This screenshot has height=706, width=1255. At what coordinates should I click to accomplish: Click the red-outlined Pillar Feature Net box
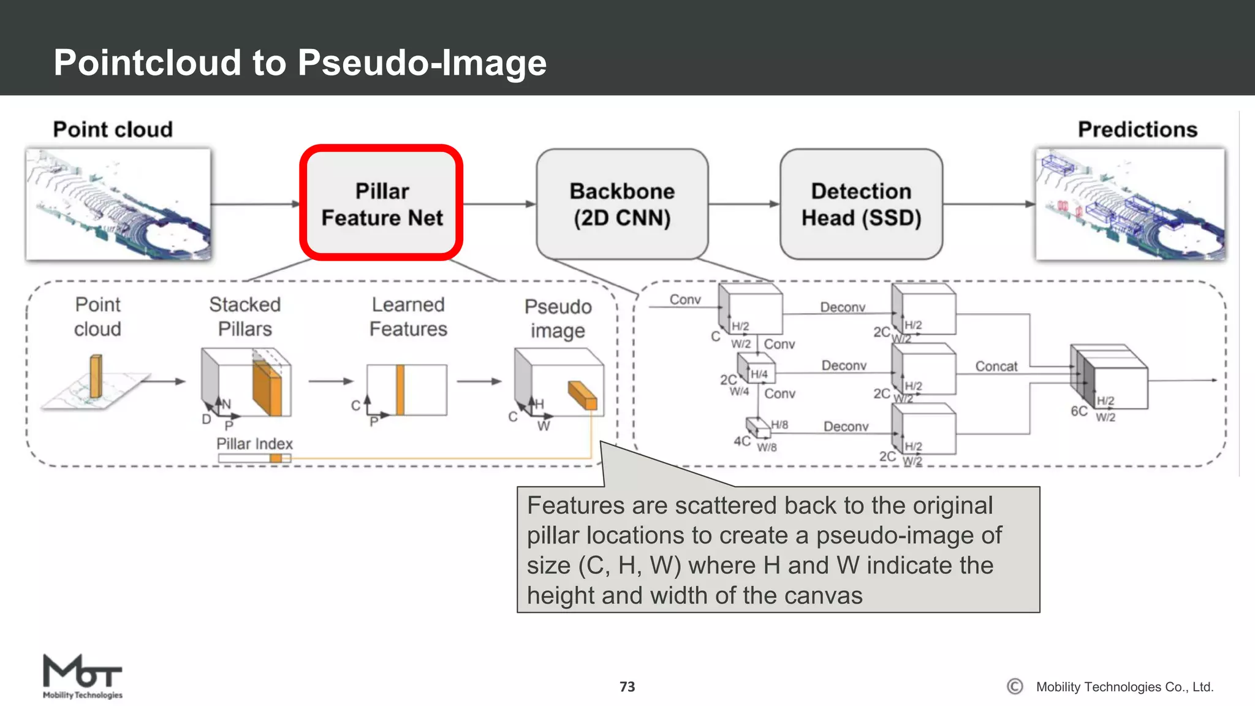pyautogui.click(x=381, y=203)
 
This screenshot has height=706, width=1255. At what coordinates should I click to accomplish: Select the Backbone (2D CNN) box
pyautogui.click(x=622, y=203)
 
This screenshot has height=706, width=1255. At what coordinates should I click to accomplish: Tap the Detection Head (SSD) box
pyautogui.click(x=861, y=203)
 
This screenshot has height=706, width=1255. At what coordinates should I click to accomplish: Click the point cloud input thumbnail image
pyautogui.click(x=118, y=204)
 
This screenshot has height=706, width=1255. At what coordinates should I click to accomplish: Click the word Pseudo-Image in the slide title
pyautogui.click(x=422, y=63)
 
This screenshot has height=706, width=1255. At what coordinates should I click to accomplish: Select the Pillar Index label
pyautogui.click(x=254, y=444)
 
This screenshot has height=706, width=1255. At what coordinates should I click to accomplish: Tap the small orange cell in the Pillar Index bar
pyautogui.click(x=276, y=458)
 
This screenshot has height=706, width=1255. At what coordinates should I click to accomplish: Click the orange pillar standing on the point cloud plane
pyautogui.click(x=96, y=376)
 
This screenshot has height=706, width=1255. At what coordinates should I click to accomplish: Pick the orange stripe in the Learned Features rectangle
pyautogui.click(x=400, y=390)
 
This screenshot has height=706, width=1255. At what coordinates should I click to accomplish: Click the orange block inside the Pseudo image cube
pyautogui.click(x=582, y=395)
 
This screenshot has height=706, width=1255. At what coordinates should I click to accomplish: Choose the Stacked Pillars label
pyautogui.click(x=245, y=316)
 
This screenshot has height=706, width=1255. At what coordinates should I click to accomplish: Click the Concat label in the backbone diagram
pyautogui.click(x=996, y=366)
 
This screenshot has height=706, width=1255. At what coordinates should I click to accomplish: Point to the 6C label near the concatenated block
pyautogui.click(x=1079, y=411)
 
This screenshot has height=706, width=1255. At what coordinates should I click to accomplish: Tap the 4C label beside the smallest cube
pyautogui.click(x=741, y=441)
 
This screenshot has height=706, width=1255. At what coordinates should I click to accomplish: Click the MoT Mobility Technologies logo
pyautogui.click(x=82, y=676)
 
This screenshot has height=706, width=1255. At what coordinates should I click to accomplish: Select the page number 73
pyautogui.click(x=627, y=687)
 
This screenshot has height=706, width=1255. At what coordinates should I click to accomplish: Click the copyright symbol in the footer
pyautogui.click(x=1015, y=686)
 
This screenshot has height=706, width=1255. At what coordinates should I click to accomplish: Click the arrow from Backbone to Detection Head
pyautogui.click(x=744, y=204)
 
